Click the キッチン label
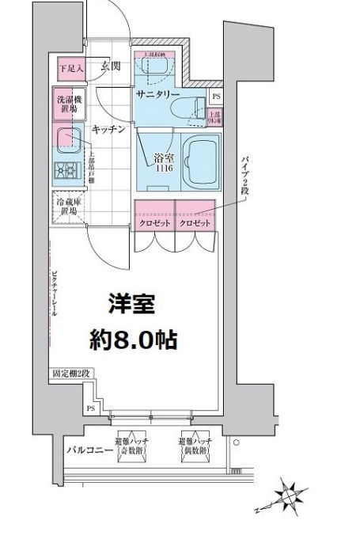coord(108,128)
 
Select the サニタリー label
coord(160,94)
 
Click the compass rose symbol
coord(287,496)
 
